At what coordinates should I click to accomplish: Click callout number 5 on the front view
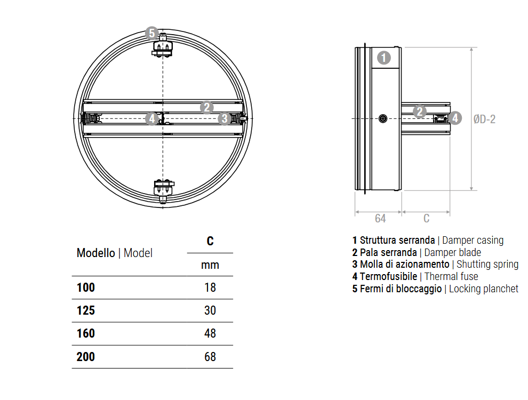[x=151, y=33]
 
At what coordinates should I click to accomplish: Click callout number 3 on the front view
[x=225, y=118]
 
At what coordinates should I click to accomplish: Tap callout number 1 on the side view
[x=384, y=58]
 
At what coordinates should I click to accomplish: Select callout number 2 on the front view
[x=207, y=107]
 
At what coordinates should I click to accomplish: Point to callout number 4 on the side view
[x=455, y=118]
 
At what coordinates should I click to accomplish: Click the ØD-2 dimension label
[x=484, y=119]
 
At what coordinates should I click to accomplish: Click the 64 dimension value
[x=380, y=218]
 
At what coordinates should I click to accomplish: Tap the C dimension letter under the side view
[x=426, y=218]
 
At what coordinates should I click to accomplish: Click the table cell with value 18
[x=210, y=287]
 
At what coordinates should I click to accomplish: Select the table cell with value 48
[x=210, y=333]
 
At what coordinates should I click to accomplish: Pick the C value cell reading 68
[x=210, y=356]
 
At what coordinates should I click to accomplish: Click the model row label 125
[x=86, y=310]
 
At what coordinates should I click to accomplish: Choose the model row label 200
[x=86, y=356]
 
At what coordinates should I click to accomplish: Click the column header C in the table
[x=210, y=241]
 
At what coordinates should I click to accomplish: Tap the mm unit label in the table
[x=210, y=265]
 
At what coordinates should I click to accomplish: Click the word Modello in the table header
[x=95, y=253]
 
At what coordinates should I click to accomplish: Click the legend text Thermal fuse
[x=451, y=276]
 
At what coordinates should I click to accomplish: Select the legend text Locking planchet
[x=483, y=289]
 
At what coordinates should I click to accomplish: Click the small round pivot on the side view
[x=382, y=119]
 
